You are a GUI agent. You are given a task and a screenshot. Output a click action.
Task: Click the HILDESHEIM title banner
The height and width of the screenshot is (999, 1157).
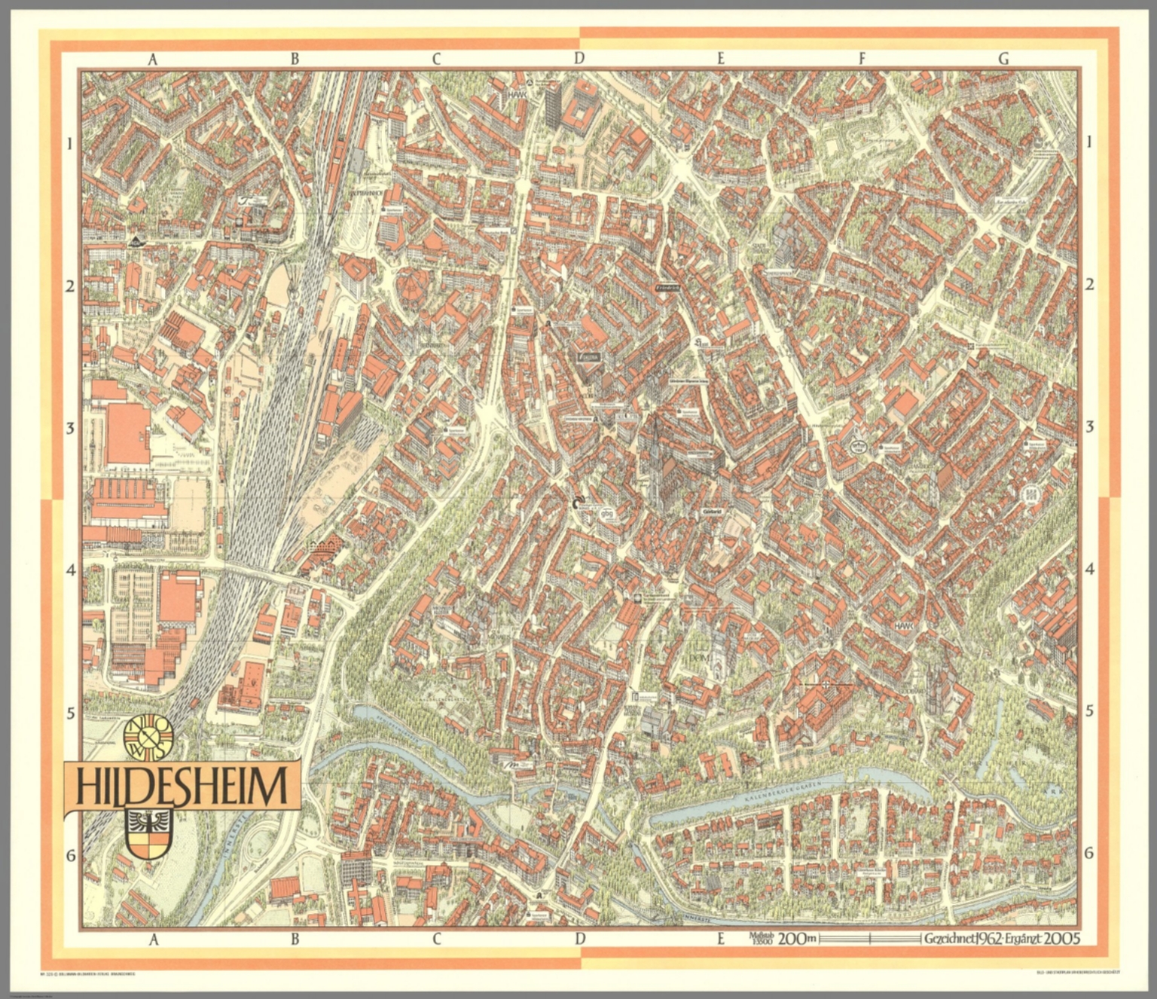point(182,787)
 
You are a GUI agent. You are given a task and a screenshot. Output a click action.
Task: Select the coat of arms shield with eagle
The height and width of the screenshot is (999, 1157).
point(148,834)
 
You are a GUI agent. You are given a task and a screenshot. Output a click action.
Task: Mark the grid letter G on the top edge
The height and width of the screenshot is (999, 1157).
point(1003,59)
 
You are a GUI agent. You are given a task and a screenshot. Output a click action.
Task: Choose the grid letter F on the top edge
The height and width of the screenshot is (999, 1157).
point(861,59)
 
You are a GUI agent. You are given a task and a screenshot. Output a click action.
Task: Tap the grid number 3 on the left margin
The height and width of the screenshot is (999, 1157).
point(71,428)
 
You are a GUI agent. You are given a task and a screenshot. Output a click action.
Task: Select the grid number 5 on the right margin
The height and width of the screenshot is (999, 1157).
point(1089,711)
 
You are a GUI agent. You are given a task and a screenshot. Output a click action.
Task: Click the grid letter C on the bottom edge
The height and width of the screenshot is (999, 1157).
point(436,939)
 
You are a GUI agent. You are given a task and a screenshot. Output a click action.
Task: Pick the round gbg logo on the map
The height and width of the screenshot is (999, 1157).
point(606,515)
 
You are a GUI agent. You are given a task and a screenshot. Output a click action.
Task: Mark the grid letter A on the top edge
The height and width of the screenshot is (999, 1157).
point(153,59)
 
